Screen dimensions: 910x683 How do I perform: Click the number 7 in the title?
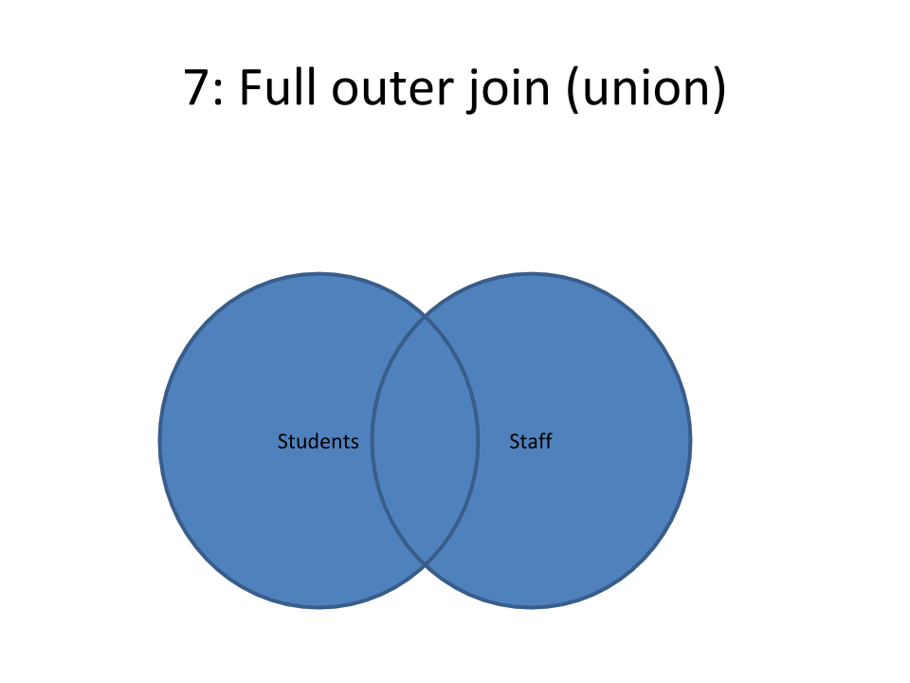[195, 87]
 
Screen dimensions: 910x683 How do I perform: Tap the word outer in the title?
[392, 88]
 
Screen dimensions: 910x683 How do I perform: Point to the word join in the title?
[509, 90]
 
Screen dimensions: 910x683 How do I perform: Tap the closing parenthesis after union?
[719, 89]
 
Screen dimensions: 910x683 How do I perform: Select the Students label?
[318, 441]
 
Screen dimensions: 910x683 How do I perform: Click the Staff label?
[531, 441]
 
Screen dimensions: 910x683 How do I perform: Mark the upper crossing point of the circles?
[425, 317]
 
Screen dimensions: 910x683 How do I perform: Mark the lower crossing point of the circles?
[425, 563]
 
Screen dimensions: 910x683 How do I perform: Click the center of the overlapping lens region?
[425, 441]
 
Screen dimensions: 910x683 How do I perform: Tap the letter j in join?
[473, 91]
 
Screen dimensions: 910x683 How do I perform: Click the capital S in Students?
[282, 441]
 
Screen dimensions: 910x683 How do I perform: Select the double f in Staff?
[545, 441]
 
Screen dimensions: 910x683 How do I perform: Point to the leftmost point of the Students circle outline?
[159, 441]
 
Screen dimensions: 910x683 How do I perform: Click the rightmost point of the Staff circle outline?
[691, 441]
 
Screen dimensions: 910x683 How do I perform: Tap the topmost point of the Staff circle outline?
[531, 273]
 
